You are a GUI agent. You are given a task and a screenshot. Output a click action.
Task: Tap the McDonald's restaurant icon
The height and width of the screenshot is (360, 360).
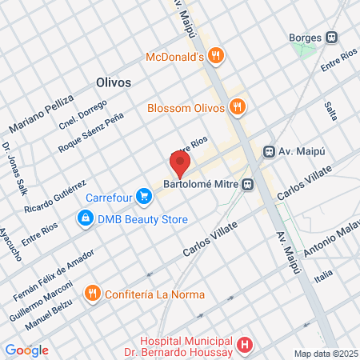pos(214,56)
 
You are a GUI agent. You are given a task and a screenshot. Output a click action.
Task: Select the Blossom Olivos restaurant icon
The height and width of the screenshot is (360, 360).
pos(236,106)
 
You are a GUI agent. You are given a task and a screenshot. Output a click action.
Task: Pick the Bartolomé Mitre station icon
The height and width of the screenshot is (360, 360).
pos(249,184)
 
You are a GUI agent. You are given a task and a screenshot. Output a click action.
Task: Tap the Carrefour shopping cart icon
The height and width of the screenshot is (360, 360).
pos(143,196)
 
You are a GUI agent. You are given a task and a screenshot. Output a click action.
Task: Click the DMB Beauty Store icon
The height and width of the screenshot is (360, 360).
pos(86,218)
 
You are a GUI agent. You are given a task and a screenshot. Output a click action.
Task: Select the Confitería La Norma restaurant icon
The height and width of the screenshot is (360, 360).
pos(93,293)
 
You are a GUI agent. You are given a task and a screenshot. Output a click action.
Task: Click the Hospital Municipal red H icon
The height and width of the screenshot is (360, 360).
pos(246,346)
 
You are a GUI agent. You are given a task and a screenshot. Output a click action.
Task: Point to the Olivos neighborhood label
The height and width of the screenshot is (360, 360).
pos(113,82)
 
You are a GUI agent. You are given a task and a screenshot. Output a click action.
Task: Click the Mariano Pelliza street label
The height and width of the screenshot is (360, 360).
pos(41,114)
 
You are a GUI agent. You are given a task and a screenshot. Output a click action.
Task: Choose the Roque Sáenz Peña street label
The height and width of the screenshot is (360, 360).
pos(91,132)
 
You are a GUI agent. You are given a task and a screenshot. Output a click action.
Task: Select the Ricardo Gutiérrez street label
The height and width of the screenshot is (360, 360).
pos(55,194)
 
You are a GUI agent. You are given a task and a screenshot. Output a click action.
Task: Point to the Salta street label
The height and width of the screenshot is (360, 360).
pos(330,107)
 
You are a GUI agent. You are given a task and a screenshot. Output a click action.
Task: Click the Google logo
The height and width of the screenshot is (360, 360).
pos(26,350)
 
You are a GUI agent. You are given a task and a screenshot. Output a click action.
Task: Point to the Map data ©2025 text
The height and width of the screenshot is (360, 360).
pos(324,354)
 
